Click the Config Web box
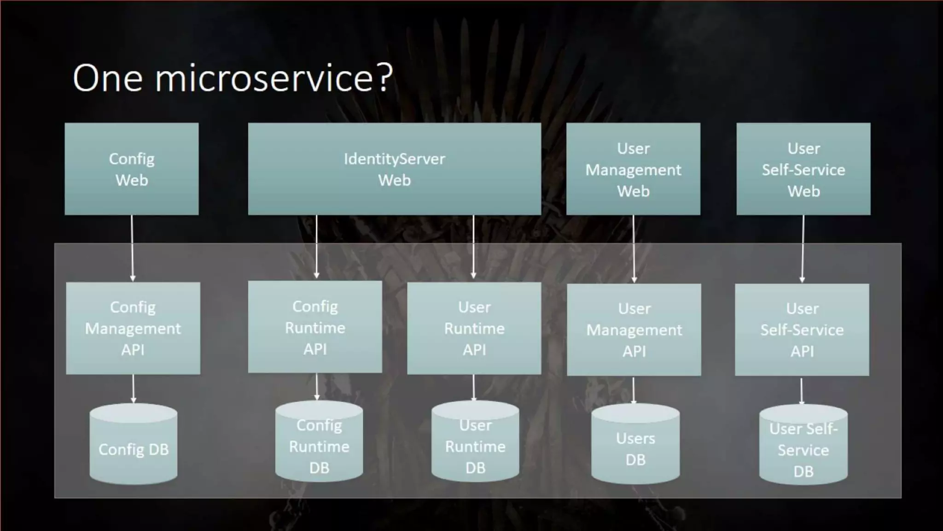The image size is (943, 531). point(132,169)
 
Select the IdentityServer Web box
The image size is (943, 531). point(394,169)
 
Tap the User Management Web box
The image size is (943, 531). point(633,169)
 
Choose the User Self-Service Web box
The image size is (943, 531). point(803,169)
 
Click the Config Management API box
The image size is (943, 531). point(133,328)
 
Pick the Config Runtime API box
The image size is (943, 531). point(315,327)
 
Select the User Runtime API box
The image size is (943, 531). point(474,328)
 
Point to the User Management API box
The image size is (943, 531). point(634,330)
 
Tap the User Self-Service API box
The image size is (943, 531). point(802,330)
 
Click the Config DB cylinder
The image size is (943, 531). point(134,447)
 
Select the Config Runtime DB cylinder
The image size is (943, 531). point(319,445)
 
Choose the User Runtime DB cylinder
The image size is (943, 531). point(475,445)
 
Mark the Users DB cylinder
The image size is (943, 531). point(635,447)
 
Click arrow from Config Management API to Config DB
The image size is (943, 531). point(133,388)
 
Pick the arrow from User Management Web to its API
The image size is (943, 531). point(634,249)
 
